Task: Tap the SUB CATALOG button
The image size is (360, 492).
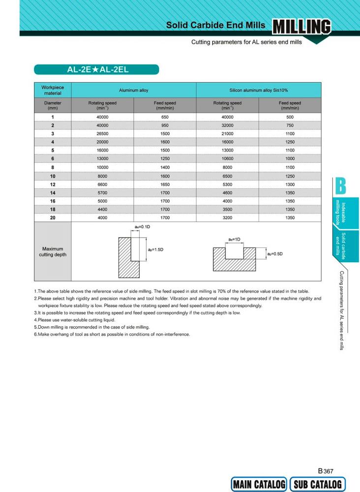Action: pos(317,484)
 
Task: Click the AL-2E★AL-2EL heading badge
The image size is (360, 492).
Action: pos(96,70)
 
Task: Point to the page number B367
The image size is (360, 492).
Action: pos(326,471)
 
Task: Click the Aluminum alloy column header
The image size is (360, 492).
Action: pos(133,90)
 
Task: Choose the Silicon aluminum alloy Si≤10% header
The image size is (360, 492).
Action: pos(258,90)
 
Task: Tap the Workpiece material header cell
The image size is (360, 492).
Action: pos(53,90)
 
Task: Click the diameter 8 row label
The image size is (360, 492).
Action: pos(53,167)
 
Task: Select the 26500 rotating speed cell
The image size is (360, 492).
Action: pos(102,133)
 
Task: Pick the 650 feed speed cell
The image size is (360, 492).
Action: pos(165,117)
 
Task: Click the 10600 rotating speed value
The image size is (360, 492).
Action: pos(227,158)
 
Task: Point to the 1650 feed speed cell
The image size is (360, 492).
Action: pos(165,184)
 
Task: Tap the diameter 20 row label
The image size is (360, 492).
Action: pos(53,217)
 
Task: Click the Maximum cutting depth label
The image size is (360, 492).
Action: pos(53,251)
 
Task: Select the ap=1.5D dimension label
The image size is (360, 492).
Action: pos(155,250)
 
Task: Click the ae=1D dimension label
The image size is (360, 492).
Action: pos(234,239)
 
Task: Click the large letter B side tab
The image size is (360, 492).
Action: pos(341,185)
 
